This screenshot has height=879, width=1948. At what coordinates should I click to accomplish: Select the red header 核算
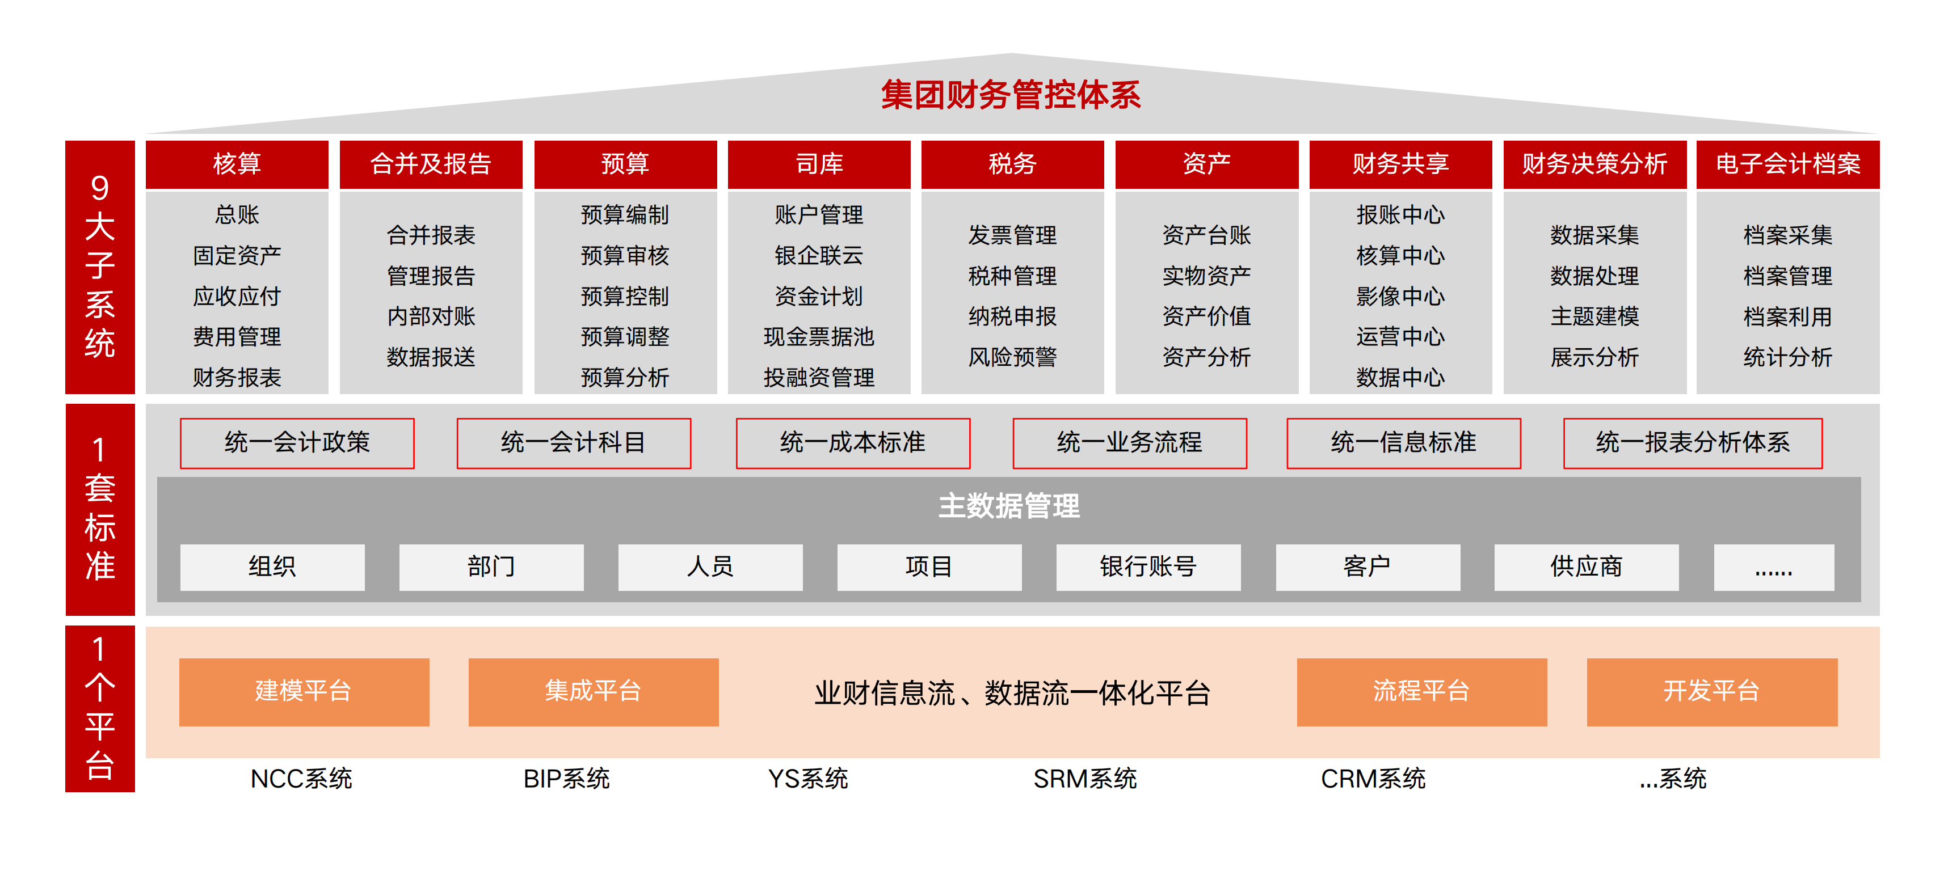tap(237, 164)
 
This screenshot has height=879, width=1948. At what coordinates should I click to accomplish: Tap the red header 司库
tap(819, 164)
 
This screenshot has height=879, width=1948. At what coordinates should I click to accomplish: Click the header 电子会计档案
tap(1787, 164)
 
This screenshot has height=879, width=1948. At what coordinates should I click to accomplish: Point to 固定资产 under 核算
tap(237, 255)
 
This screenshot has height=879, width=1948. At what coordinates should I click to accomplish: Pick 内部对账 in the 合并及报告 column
tap(431, 316)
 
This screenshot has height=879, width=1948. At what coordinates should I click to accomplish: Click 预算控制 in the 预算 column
tap(625, 296)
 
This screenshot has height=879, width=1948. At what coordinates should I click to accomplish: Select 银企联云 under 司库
tap(819, 255)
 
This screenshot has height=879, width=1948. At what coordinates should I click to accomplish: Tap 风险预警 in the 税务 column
tap(1012, 357)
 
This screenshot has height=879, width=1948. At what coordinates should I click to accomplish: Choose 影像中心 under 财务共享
tap(1400, 296)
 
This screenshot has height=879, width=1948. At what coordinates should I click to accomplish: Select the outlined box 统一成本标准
tap(853, 443)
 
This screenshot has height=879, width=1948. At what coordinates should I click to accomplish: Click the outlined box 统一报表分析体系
tap(1693, 443)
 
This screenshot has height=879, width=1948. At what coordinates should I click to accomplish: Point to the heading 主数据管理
tap(1009, 506)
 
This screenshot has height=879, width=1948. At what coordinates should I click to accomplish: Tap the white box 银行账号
tap(1148, 567)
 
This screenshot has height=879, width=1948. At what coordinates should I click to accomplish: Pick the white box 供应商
tap(1587, 567)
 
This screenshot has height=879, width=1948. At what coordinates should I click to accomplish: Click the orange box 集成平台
tap(594, 691)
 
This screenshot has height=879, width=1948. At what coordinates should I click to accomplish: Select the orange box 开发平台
tap(1712, 691)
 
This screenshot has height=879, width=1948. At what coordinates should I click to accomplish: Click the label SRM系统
tap(1085, 779)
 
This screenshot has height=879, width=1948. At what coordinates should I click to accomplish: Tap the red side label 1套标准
tap(100, 509)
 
